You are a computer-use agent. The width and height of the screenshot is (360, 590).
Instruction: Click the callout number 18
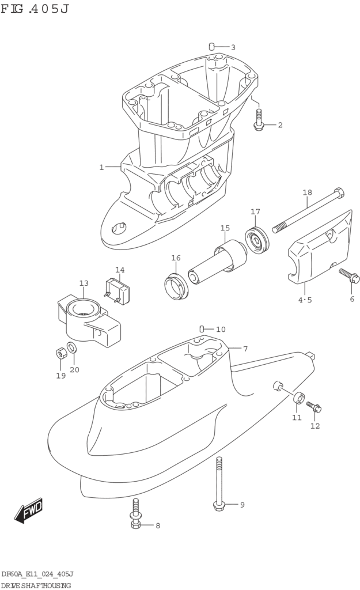pyautogui.click(x=307, y=192)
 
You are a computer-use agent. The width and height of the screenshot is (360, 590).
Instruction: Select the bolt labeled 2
pyautogui.click(x=258, y=119)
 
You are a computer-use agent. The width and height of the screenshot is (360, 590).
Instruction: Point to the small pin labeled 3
pyautogui.click(x=212, y=46)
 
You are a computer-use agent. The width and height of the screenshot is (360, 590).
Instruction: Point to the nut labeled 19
pyautogui.click(x=59, y=352)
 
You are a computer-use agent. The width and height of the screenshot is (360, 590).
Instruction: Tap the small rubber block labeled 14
pyautogui.click(x=118, y=291)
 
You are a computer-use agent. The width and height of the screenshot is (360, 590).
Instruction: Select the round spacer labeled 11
pyautogui.click(x=299, y=398)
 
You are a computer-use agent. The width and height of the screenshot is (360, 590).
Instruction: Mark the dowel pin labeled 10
pyautogui.click(x=202, y=329)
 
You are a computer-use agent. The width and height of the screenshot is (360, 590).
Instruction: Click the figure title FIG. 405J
pyautogui.click(x=35, y=9)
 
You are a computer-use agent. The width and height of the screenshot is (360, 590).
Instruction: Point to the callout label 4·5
pyautogui.click(x=305, y=300)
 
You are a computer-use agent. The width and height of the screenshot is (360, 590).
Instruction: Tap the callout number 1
pyautogui.click(x=101, y=167)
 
